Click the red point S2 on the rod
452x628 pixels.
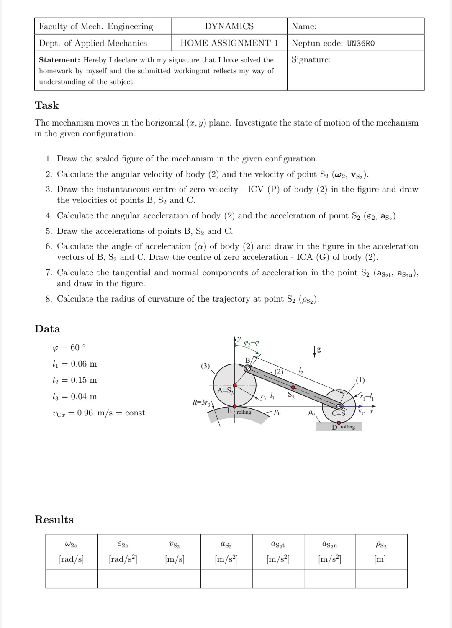(x=293, y=387)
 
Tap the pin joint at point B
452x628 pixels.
(x=247, y=369)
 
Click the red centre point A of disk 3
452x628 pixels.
(x=235, y=384)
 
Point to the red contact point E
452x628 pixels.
(x=235, y=406)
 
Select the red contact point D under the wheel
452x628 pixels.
(x=339, y=423)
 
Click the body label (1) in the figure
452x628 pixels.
(x=360, y=380)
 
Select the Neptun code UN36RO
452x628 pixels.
(x=361, y=44)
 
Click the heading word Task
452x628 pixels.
(x=47, y=105)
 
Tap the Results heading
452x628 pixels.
(x=54, y=520)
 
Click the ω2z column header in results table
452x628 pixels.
(x=71, y=545)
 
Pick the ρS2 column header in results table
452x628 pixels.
(x=381, y=545)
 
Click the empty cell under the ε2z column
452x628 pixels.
(x=123, y=579)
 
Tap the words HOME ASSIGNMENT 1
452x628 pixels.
(x=229, y=43)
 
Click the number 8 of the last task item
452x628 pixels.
(x=49, y=299)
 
